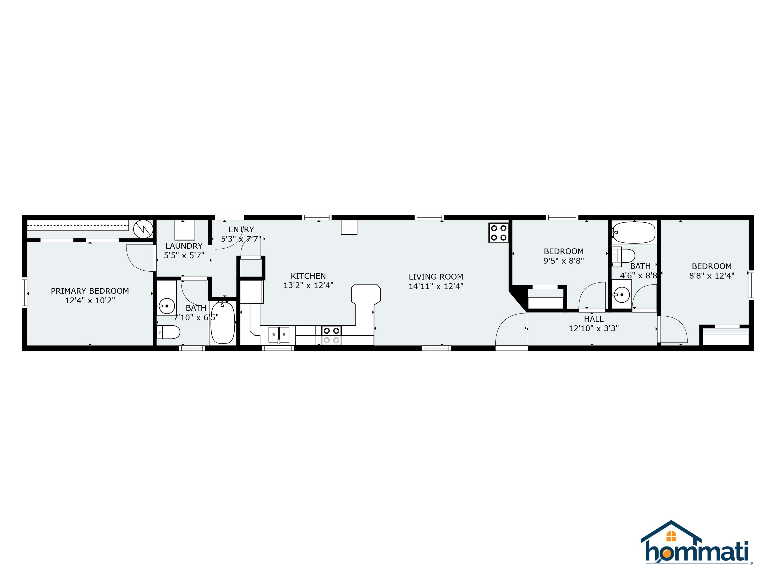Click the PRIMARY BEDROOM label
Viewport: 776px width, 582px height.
coord(90,291)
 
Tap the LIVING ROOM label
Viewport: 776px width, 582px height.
coord(436,277)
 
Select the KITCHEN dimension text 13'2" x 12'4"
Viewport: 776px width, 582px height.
coord(308,286)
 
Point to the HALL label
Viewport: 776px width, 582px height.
coord(594,319)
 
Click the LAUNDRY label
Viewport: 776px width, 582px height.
coord(184,246)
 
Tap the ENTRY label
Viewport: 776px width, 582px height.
coord(241,229)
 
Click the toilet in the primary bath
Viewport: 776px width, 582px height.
coord(168,332)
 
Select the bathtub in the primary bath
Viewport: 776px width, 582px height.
coord(223,322)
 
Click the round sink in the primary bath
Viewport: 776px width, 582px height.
coord(167,306)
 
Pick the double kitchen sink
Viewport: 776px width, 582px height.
coord(279,335)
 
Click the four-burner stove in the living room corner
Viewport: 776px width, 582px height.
coord(498,233)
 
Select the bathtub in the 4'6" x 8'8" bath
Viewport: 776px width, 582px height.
coord(633,232)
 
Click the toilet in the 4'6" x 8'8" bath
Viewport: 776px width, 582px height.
coord(623,256)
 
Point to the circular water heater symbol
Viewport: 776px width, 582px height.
coord(143,229)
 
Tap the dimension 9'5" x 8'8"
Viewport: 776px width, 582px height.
coord(564,261)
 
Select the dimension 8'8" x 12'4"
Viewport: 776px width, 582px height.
coord(711,276)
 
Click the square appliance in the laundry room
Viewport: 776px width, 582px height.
coord(185,230)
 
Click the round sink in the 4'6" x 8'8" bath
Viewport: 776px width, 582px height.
coord(621,295)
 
